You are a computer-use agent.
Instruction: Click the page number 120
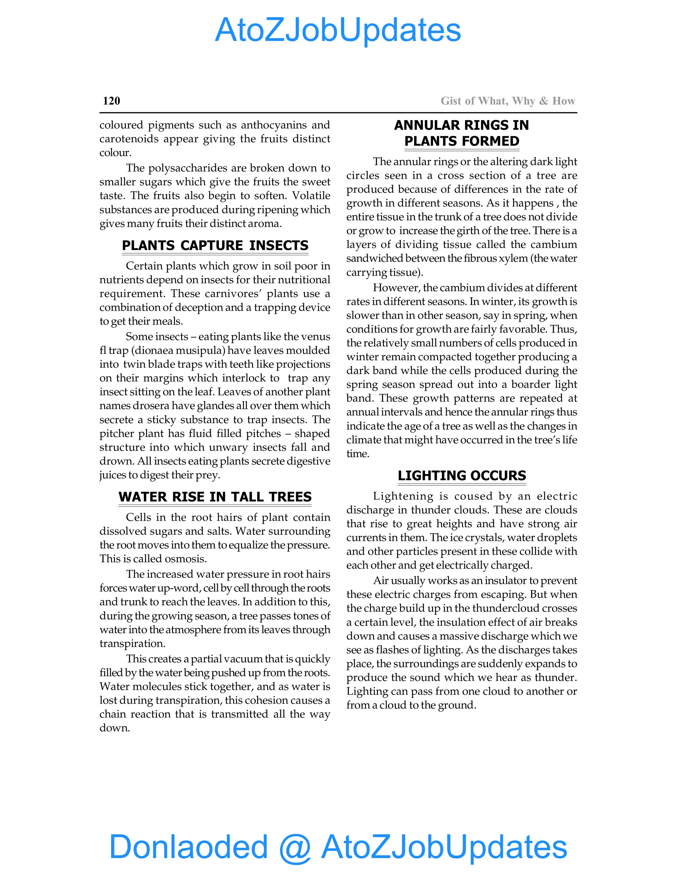coord(111,101)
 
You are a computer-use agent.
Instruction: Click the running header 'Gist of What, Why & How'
coord(508,101)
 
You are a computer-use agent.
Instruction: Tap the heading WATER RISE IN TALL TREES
coord(215,497)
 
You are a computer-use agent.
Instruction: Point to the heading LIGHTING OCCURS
coord(461,475)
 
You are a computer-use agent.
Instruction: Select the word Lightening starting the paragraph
coord(403,496)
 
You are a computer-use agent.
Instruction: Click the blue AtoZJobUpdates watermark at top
coord(338,30)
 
